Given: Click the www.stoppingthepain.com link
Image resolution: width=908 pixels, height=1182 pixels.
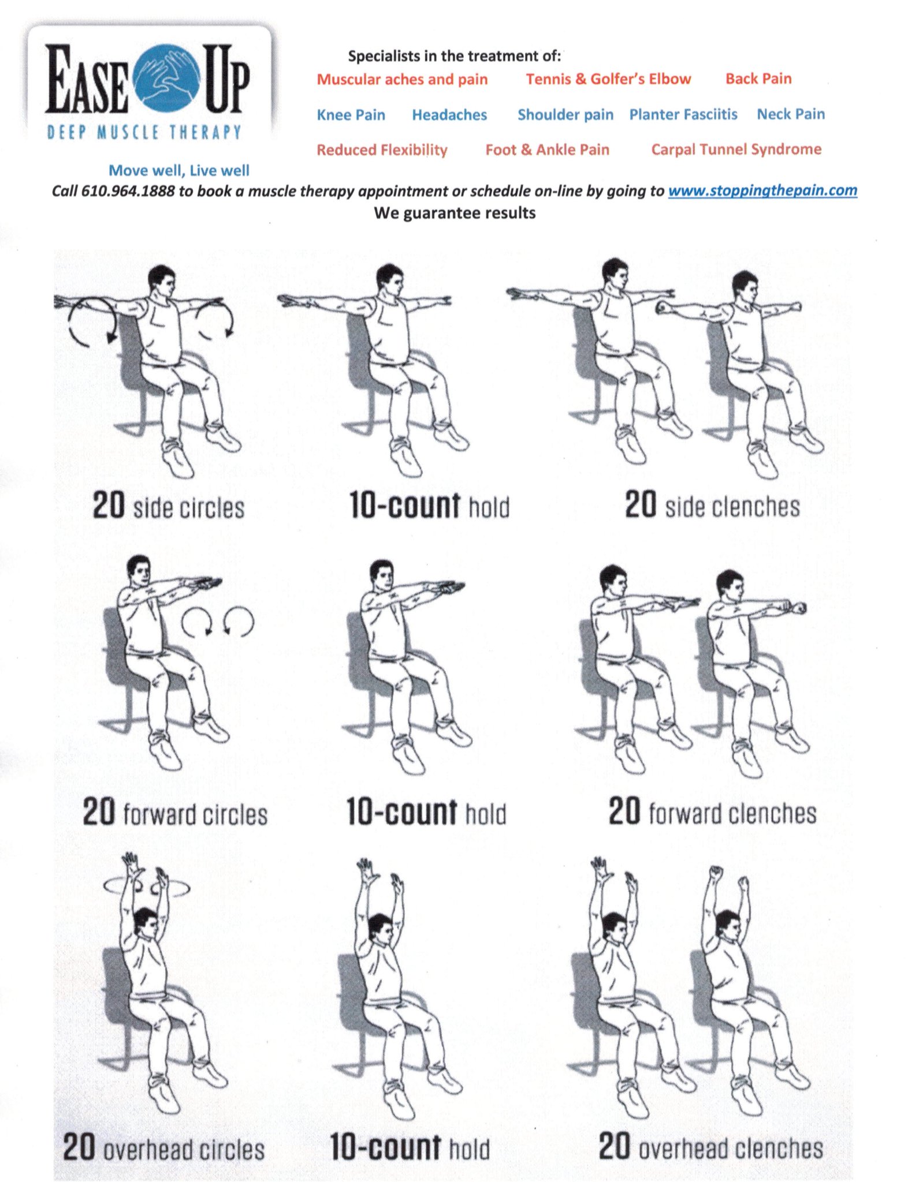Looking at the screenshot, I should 762,190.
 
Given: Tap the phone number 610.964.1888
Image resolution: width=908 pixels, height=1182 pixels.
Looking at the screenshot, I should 128,191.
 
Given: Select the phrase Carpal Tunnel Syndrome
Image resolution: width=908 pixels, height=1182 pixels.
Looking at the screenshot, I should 736,149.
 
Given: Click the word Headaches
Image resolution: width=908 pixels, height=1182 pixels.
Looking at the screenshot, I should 449,115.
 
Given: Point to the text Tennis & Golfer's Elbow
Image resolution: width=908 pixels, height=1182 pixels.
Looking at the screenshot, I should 608,79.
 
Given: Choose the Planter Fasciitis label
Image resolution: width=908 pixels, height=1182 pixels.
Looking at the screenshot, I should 683,114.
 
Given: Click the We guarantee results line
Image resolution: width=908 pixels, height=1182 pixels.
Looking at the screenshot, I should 455,213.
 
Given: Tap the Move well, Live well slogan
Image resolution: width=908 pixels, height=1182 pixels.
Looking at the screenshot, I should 179,170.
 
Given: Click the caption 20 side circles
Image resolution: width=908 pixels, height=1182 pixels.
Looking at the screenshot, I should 169,506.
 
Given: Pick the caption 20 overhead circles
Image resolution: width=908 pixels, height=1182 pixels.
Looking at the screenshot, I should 163,1147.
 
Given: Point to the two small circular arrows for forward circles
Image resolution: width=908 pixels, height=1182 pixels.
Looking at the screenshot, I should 218,622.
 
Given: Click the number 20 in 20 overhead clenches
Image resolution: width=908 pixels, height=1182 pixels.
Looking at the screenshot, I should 614,1146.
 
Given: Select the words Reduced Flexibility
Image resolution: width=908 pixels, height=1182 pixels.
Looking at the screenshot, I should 382,150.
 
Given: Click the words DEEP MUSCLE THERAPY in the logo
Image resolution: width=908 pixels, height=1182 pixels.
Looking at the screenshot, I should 144,132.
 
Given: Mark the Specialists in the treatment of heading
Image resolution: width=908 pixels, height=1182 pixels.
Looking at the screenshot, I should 454,56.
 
